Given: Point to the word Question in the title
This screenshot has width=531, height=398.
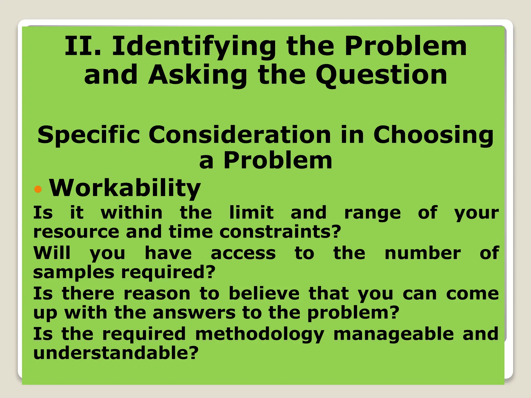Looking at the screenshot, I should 381,75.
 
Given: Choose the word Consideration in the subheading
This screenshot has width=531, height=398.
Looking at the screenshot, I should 240,134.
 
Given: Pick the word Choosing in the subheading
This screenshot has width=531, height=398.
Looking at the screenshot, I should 433,135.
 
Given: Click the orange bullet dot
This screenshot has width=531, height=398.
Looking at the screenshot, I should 38,189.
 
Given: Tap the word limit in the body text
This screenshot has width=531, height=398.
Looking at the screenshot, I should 251,212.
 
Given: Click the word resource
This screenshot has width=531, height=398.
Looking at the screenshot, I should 76,232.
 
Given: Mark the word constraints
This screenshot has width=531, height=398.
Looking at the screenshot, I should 280,232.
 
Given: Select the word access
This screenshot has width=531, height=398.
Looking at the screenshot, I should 243,253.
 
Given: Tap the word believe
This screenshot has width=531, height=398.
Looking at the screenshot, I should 264,294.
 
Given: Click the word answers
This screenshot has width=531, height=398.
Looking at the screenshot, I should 194,313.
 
